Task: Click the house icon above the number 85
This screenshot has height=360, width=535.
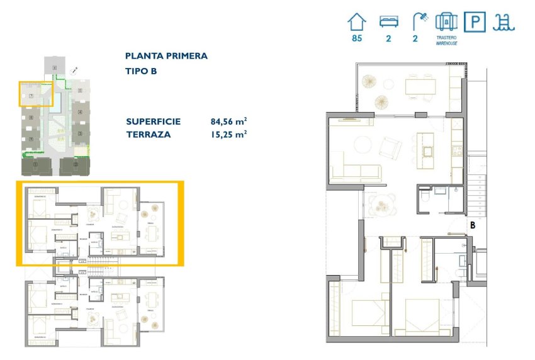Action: coord(357,22)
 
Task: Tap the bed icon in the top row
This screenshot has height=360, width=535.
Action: coord(388,22)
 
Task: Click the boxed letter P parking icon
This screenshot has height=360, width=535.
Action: coord(475,22)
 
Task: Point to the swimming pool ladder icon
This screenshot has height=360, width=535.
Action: coord(504,22)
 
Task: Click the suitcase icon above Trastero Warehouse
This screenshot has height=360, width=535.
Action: coord(446,22)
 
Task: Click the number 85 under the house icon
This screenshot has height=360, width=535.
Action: coord(357,39)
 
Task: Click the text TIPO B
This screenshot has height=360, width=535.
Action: coord(141,71)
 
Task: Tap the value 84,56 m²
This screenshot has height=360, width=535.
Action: coord(228,121)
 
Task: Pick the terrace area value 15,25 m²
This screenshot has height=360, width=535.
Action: coord(228,133)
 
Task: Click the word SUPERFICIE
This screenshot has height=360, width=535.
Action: coord(154,121)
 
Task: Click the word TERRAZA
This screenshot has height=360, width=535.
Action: coord(149,133)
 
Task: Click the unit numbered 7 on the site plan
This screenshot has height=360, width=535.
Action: coord(31,96)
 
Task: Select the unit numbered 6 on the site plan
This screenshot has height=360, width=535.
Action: coord(55,67)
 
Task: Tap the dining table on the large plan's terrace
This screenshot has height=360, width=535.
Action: coord(420,86)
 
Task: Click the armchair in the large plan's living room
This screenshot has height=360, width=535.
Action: coord(390,148)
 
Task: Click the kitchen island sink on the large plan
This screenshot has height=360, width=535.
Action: coord(428,151)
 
